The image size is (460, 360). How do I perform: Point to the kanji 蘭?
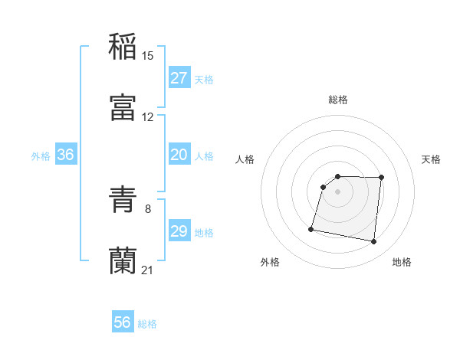(x=123, y=260)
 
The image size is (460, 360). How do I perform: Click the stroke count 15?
(x=148, y=55)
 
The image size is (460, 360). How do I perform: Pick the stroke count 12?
(x=148, y=117)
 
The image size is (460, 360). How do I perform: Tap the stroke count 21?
(x=148, y=270)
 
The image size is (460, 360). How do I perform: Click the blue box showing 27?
(x=179, y=78)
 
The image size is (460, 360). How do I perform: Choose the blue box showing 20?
(x=179, y=155)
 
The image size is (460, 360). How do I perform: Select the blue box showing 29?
(x=179, y=231)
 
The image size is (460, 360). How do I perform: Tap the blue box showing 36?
(x=66, y=155)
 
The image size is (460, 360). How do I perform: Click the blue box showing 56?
(x=123, y=322)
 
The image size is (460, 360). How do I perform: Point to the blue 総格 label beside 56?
(x=148, y=324)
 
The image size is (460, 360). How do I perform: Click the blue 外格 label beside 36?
(x=41, y=156)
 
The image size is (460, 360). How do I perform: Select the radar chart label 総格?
(x=338, y=100)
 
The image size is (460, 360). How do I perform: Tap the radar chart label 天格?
(x=432, y=159)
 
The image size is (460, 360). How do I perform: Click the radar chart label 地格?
(x=402, y=263)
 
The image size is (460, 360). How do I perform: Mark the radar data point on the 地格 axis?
(x=373, y=242)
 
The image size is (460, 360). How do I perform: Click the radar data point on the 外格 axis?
(x=311, y=229)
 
